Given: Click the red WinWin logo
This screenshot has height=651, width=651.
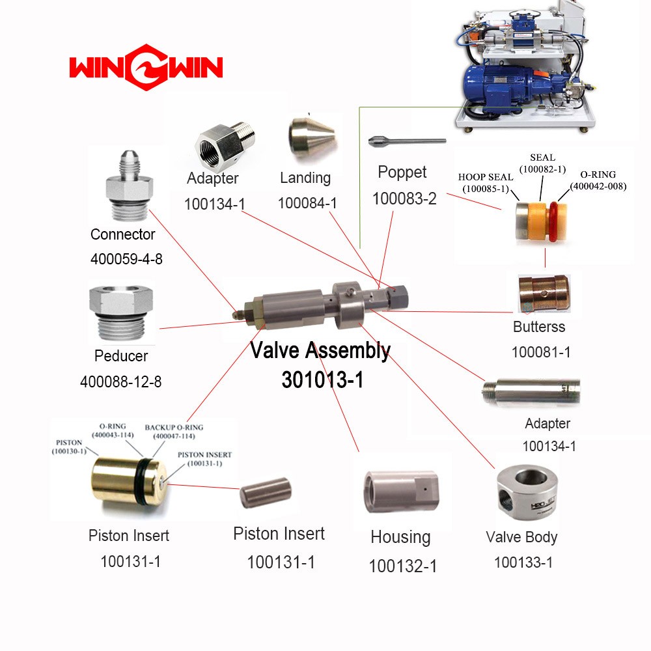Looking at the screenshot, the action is click(146, 67).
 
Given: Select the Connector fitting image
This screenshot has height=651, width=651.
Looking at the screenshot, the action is click(130, 186).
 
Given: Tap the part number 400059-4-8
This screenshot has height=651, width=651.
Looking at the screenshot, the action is click(126, 259).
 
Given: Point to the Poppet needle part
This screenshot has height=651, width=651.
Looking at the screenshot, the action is click(407, 141).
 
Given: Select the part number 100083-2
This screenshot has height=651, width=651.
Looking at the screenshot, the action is click(404, 199).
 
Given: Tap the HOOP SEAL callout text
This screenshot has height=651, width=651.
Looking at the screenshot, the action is click(486, 183).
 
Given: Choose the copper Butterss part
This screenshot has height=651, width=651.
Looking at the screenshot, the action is click(544, 294).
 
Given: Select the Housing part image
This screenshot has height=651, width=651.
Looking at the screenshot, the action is click(401, 492).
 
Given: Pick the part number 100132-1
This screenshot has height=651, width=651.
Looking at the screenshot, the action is click(403, 566).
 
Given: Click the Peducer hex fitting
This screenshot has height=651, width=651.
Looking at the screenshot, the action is click(121, 313).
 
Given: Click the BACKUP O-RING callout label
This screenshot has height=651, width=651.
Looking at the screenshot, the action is click(174, 432).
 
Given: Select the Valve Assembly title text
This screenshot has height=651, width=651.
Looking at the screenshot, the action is click(320, 351).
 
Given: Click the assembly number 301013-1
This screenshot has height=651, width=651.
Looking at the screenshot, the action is click(323, 380).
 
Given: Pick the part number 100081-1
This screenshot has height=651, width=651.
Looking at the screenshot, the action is click(541, 352).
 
